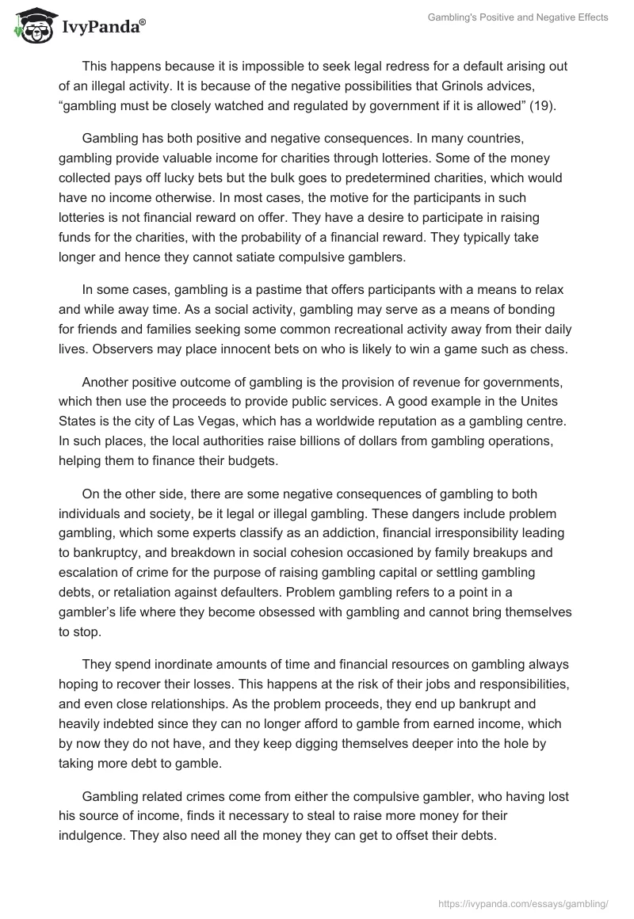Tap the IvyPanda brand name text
coord(100,27)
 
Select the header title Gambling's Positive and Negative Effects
coord(518,17)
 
